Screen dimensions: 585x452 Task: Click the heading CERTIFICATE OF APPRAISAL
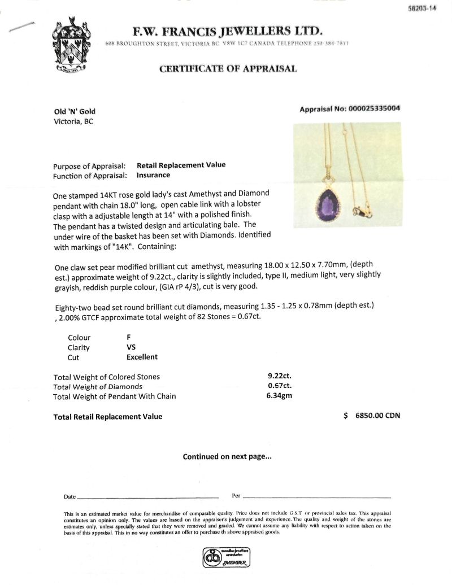pos(228,69)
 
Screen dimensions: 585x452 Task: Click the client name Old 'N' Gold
pos(74,111)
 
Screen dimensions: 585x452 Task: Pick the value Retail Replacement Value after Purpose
pos(181,165)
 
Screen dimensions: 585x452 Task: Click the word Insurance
pos(153,175)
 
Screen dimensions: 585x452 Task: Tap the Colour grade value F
pos(129,337)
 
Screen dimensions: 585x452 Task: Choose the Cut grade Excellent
pos(142,357)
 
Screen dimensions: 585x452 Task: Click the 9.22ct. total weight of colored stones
pos(279,376)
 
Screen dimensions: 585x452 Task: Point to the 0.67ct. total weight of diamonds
pos(279,386)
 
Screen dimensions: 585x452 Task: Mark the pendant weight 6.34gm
pos(279,396)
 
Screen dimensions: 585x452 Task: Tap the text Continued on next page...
pos(227,457)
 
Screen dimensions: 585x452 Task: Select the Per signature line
pos(316,497)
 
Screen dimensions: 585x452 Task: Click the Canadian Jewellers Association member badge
pos(226,557)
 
